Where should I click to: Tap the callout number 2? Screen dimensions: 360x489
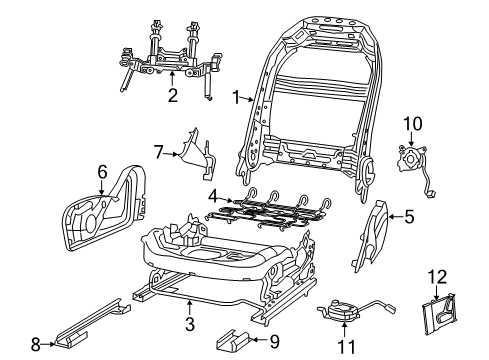tap(172, 96)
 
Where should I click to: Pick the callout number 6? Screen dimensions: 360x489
tap(101, 171)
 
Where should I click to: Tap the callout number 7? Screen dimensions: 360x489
tap(156, 151)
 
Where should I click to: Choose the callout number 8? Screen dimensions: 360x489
tap(36, 345)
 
